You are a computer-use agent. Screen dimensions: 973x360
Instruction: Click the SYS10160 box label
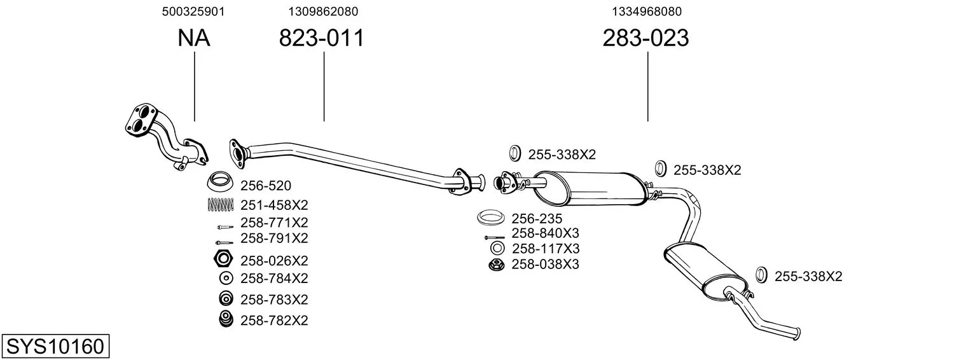coord(55,346)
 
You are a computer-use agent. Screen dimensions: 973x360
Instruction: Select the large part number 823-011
coord(321,38)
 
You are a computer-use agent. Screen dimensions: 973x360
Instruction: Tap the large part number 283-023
coord(645,38)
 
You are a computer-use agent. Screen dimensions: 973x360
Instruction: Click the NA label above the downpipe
coord(194,38)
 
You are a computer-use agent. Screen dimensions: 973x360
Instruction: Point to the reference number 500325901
coord(193,11)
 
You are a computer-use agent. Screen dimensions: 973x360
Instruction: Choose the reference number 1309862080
coord(323,11)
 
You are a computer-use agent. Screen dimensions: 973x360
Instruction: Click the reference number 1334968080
coord(647,11)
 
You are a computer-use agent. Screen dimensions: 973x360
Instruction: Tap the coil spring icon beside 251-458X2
coord(221,205)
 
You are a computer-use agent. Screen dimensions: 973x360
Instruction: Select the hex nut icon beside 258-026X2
coord(223,260)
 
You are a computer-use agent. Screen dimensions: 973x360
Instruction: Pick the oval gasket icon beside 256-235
coord(490,217)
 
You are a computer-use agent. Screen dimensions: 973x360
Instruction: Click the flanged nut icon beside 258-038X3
coord(496,265)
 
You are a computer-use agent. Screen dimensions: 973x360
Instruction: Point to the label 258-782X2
coord(274,321)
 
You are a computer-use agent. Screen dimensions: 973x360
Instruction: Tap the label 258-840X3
coord(545,233)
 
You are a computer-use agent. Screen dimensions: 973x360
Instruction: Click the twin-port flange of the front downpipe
coord(141,118)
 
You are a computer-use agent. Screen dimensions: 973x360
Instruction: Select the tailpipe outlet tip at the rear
coord(797,334)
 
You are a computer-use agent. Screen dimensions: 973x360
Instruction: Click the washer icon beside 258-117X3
coord(497,249)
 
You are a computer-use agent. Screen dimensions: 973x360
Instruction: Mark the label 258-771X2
coord(274,223)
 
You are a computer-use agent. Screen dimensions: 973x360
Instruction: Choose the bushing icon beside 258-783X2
coord(226,299)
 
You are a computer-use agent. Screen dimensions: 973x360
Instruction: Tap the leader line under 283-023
coord(647,87)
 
